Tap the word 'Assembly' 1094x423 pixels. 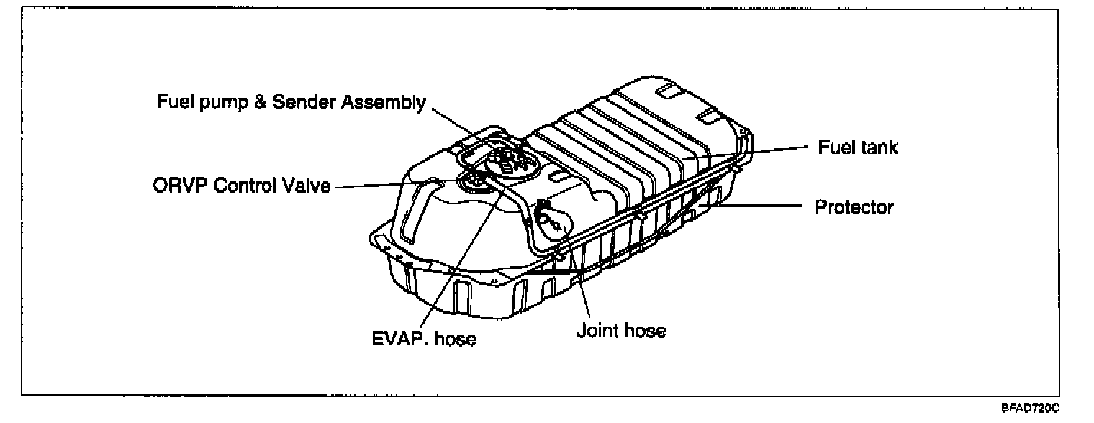click(380, 102)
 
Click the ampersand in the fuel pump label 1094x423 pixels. click(253, 102)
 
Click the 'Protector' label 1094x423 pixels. click(854, 207)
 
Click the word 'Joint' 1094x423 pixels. click(595, 331)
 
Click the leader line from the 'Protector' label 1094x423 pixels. click(756, 206)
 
